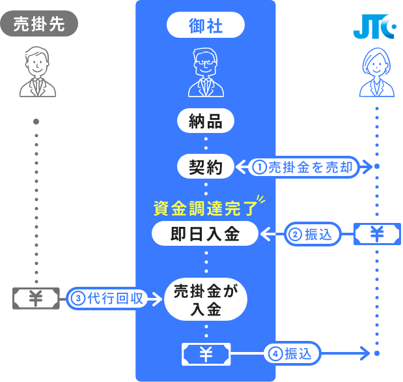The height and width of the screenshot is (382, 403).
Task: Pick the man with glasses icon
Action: [x=206, y=73]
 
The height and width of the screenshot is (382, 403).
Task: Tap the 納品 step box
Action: [x=206, y=121]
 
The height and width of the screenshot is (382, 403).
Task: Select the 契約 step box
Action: [x=206, y=167]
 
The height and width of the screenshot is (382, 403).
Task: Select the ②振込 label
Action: [x=313, y=235]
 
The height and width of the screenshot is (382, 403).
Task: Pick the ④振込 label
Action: [x=293, y=354]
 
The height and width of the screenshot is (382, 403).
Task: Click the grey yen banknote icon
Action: [x=36, y=299]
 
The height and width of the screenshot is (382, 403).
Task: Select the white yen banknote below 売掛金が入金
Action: [x=206, y=354]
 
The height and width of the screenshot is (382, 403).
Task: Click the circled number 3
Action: [x=77, y=299]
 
